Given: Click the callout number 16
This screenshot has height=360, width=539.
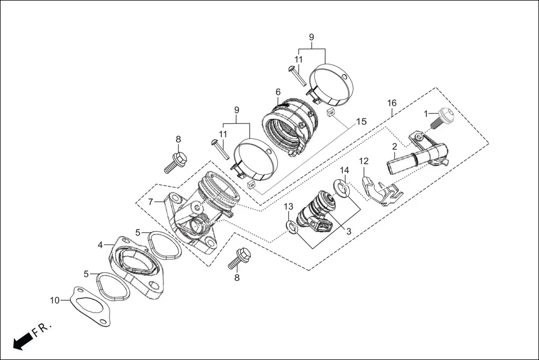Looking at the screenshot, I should point(392,103).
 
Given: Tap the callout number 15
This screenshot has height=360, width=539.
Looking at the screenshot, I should point(361,122).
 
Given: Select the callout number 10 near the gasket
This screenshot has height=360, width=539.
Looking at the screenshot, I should point(54,300).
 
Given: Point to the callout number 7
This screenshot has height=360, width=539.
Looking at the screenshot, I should point(151,201).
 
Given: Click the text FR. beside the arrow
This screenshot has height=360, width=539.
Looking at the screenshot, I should point(42,330).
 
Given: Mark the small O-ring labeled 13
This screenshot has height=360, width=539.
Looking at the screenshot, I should point(290,226).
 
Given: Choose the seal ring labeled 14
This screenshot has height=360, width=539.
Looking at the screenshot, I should point(342,190).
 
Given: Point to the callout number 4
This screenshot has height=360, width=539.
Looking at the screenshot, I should point(101,244).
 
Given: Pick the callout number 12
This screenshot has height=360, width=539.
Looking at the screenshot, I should point(364,161).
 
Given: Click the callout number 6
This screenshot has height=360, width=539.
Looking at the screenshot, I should point(278,92).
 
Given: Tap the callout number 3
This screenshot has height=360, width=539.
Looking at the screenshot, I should point(349,231).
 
